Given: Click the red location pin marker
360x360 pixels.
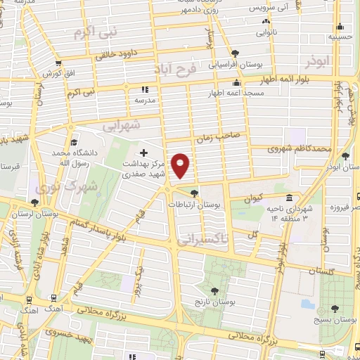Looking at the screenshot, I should [x=181, y=165].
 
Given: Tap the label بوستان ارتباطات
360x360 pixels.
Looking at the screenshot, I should [x=194, y=204].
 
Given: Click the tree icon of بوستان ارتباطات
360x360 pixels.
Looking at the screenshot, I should [x=194, y=193].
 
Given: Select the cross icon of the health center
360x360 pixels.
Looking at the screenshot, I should [x=143, y=152].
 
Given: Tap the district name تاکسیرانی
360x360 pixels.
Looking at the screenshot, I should [x=204, y=239].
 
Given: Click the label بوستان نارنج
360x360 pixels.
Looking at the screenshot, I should [x=214, y=301].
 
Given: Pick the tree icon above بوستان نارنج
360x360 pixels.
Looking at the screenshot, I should [x=214, y=290].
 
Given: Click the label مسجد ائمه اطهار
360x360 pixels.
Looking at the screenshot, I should [x=236, y=93].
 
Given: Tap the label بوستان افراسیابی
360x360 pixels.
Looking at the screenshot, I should [x=235, y=63].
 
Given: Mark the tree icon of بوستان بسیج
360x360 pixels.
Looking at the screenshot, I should [x=334, y=309].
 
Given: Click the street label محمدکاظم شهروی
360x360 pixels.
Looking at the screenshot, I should [x=300, y=149].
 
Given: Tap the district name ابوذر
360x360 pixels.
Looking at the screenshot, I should [x=318, y=62].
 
